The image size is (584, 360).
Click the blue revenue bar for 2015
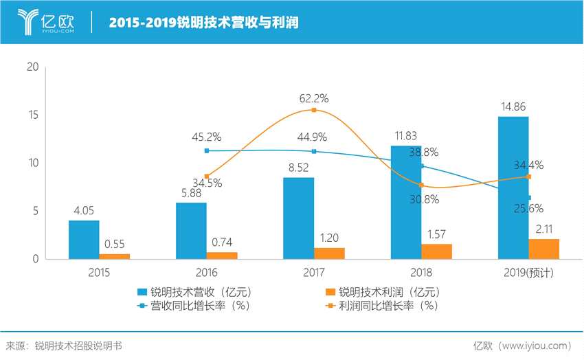tap(84, 240)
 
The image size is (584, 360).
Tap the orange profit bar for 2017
tap(329, 253)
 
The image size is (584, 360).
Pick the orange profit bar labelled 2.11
tap(543, 249)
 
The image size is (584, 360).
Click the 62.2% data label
tap(313, 98)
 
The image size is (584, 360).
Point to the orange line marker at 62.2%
tap(314, 110)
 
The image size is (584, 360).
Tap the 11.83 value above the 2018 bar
tap(406, 135)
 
